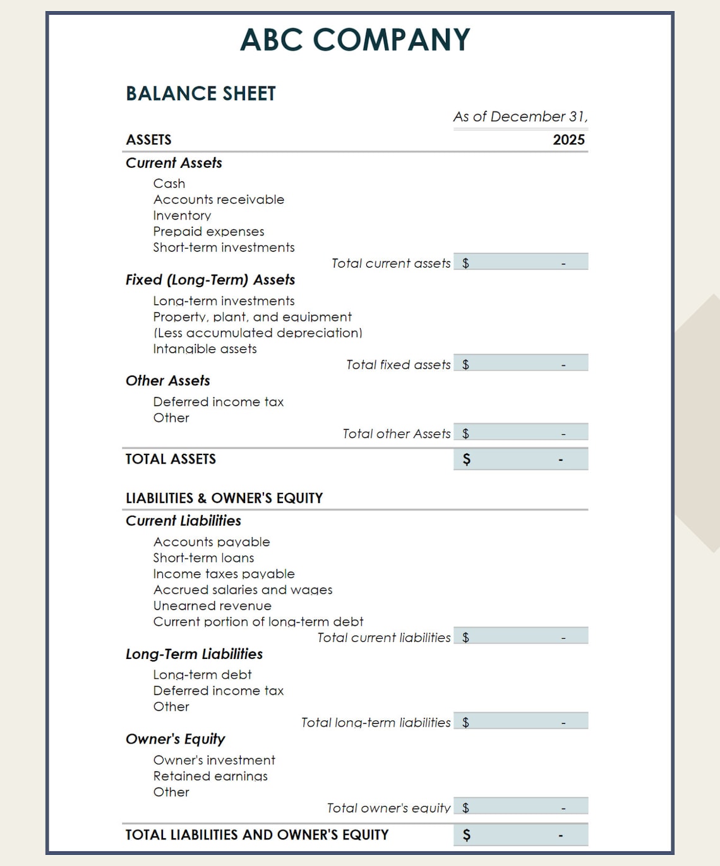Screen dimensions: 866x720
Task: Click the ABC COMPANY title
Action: point(355,40)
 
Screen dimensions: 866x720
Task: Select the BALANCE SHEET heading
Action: point(201,93)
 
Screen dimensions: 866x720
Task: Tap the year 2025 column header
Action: point(568,139)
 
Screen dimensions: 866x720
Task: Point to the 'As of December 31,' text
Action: point(520,117)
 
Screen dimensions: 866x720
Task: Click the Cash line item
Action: point(169,184)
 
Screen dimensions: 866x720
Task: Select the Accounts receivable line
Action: point(219,199)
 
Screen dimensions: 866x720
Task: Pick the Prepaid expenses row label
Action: point(208,232)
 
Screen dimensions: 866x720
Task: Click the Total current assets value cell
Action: point(520,262)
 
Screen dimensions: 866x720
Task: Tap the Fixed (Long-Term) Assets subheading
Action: point(210,280)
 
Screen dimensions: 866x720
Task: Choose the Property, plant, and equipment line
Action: point(252,317)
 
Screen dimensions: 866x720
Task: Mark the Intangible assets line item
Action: point(205,349)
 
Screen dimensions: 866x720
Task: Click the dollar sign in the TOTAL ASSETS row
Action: point(466,460)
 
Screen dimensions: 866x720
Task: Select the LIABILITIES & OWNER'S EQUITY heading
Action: point(224,498)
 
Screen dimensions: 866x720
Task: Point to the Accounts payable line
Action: point(212,542)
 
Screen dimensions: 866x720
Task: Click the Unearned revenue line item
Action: point(212,606)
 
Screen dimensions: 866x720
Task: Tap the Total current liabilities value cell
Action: point(520,636)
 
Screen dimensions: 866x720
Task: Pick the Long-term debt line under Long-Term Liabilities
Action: point(202,675)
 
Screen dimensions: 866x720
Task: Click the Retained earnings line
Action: point(210,776)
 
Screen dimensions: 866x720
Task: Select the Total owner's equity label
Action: point(388,808)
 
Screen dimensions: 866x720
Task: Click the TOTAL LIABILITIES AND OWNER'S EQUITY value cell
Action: point(520,835)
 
